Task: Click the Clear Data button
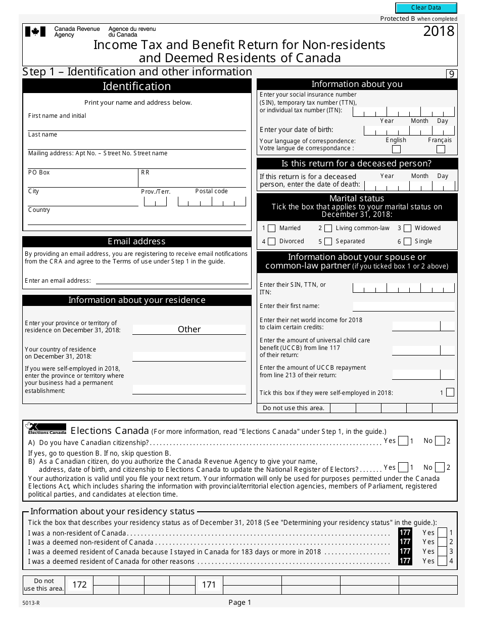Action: point(426,8)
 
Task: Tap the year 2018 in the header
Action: point(439,31)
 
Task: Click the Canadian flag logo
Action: point(35,32)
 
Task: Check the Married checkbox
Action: point(271,228)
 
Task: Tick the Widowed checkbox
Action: point(407,228)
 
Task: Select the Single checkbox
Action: point(407,242)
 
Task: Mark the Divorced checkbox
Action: point(271,242)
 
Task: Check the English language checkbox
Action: point(396,149)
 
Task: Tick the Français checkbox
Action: point(441,149)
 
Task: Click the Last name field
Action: point(136,144)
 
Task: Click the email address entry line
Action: point(172,281)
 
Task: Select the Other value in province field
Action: point(189,329)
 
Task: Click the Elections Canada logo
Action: point(46,428)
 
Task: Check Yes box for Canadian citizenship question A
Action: point(403,441)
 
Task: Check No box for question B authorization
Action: point(440,468)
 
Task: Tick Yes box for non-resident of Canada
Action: point(442,532)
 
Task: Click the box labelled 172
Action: point(79,585)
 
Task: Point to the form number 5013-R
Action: point(31,603)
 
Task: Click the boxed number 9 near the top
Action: point(451,74)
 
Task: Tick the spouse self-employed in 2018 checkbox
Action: point(450,392)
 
